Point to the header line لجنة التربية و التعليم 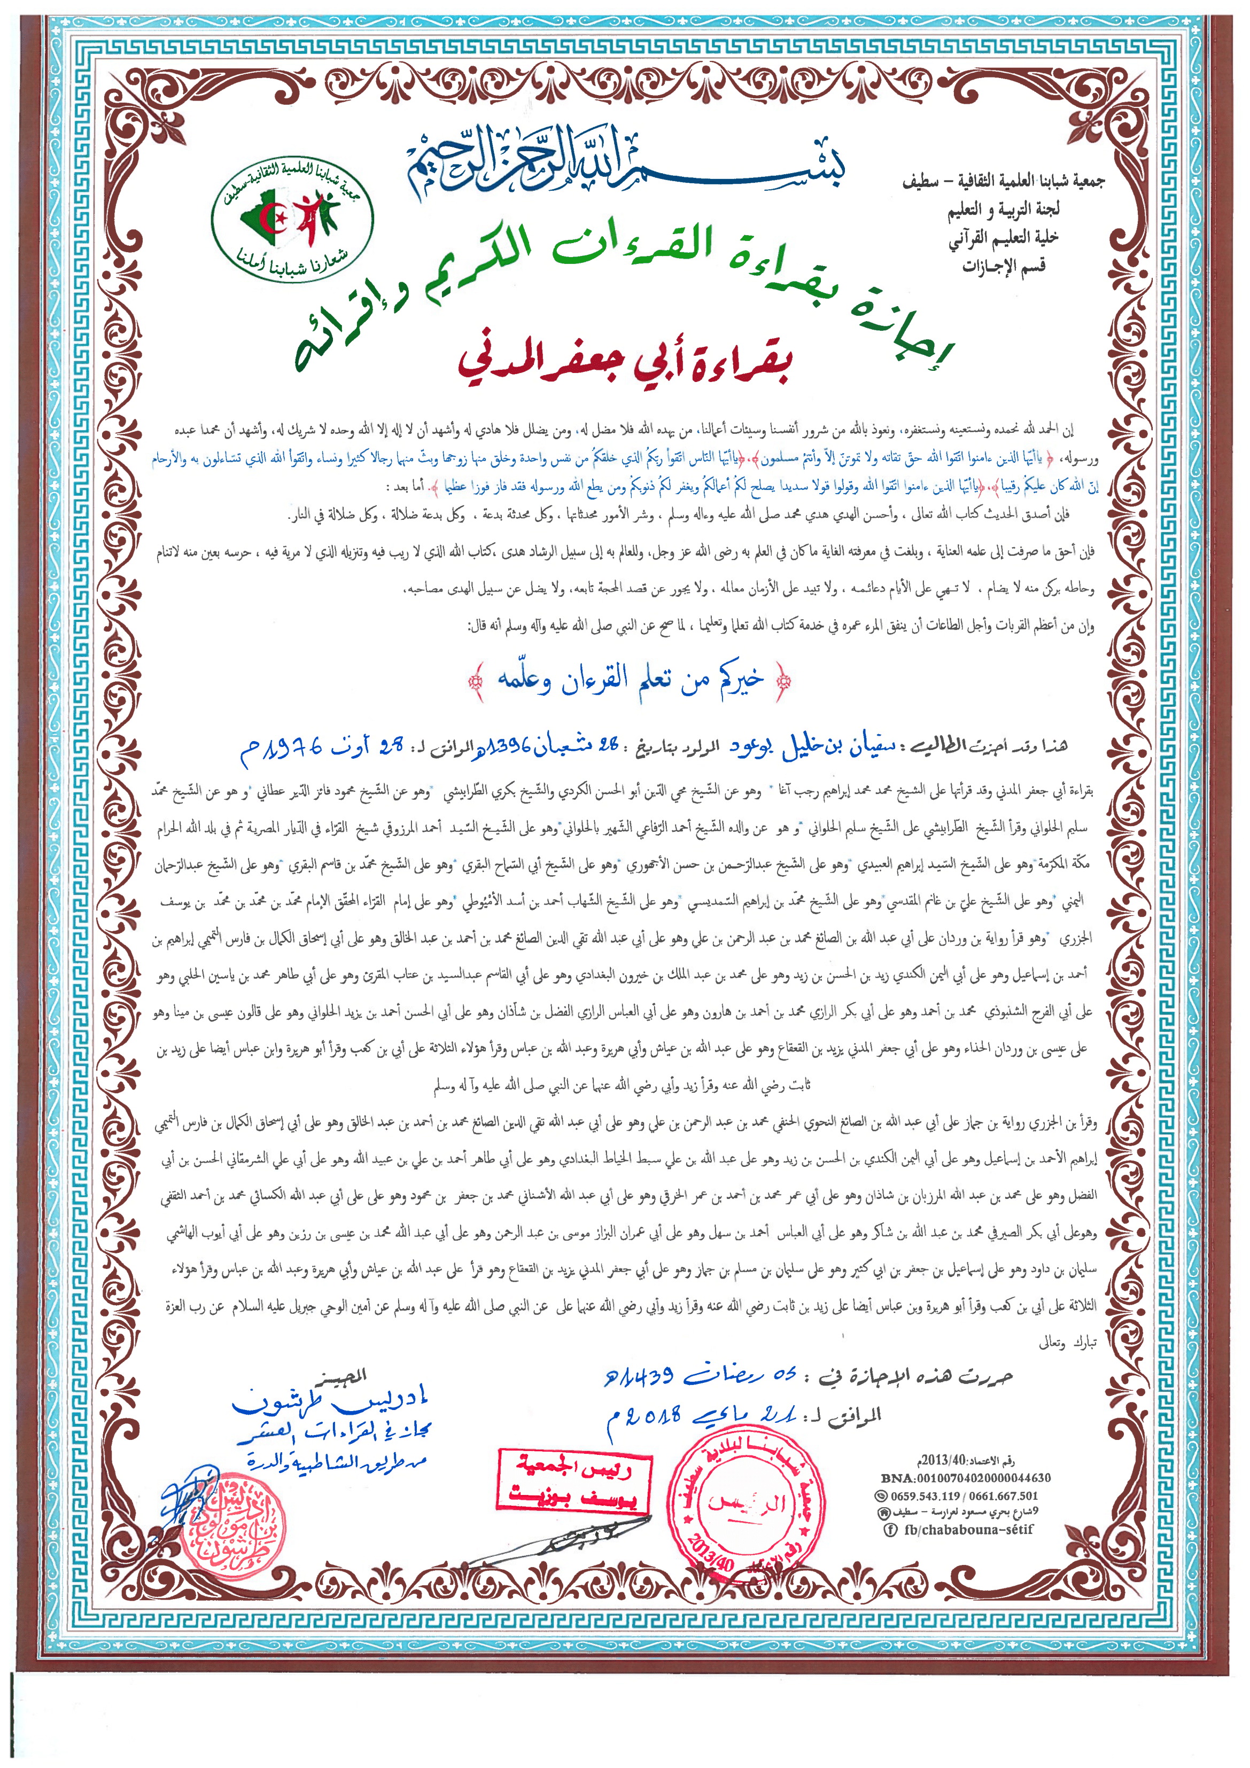coord(1004,209)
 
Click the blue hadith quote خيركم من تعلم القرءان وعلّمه coord(630,679)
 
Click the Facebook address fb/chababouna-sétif coord(968,1529)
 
